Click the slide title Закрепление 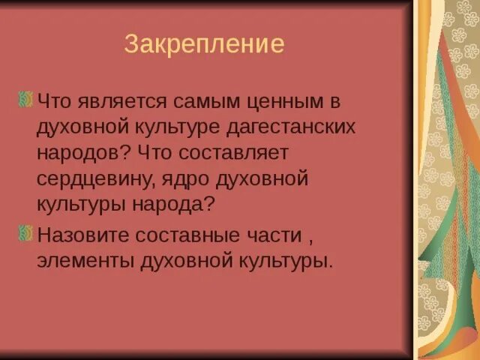(x=204, y=45)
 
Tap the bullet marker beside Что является (x=25, y=99)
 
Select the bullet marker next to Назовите (x=25, y=233)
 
